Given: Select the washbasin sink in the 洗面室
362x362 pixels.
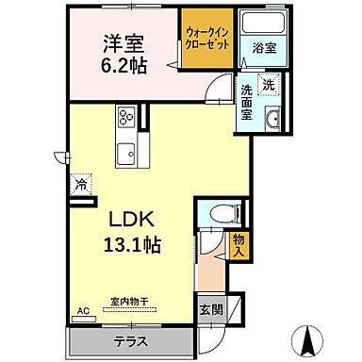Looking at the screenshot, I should point(271,119).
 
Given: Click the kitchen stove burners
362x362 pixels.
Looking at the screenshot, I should point(125,120).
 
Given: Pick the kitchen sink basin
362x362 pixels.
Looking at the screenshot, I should point(125,152).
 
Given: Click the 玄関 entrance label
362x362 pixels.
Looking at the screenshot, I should point(210,309).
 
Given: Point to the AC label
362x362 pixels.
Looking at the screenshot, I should point(82,310).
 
